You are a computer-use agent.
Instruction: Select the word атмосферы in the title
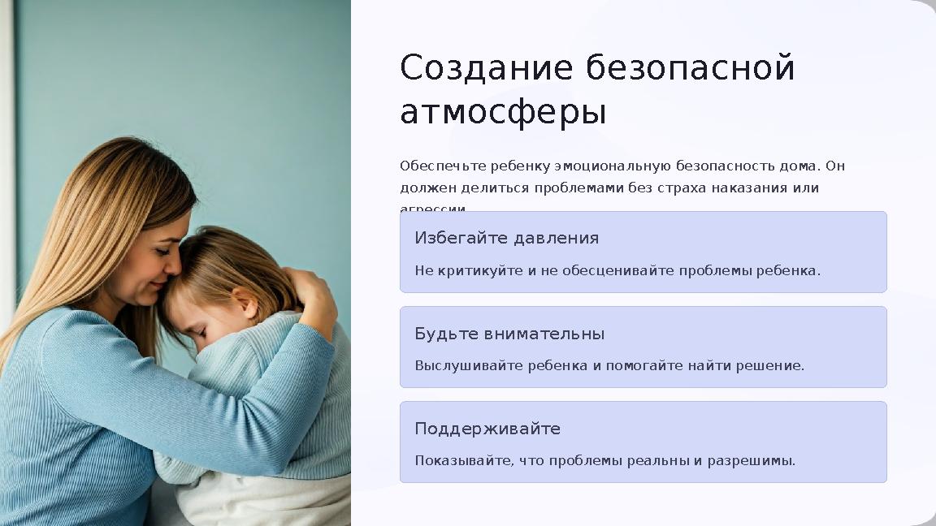[x=503, y=113]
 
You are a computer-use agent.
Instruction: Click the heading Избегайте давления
[x=506, y=238]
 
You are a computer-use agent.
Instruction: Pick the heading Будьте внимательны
[x=509, y=334]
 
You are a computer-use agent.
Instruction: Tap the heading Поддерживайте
[x=487, y=429]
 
